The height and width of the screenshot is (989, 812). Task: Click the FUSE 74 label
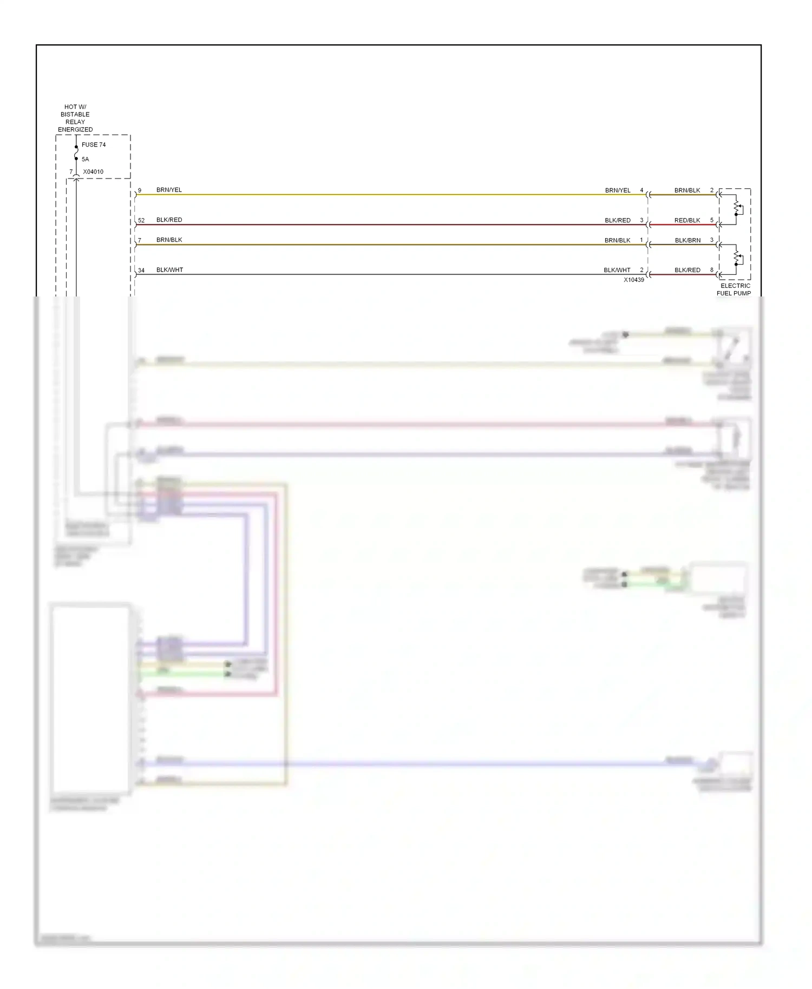(x=94, y=145)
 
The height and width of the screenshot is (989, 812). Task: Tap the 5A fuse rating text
(x=85, y=160)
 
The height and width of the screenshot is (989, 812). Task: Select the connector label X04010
(x=93, y=172)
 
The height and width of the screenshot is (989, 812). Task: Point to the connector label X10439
(x=634, y=280)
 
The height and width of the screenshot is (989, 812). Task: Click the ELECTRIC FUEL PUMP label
(x=735, y=289)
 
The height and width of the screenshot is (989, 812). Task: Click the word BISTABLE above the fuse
(x=75, y=115)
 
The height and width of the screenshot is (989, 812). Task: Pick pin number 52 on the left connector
(x=141, y=221)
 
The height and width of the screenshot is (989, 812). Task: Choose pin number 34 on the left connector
(x=141, y=271)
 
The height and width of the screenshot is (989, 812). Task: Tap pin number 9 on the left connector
(x=140, y=190)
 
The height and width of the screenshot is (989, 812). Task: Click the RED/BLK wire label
(x=687, y=221)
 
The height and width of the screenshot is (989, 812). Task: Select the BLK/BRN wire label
(x=687, y=240)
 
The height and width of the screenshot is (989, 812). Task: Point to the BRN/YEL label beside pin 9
(x=169, y=190)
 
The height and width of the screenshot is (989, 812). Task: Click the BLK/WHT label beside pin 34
(x=169, y=270)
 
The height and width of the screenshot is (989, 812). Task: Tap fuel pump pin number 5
(x=712, y=220)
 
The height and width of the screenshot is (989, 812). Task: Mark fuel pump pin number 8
(x=712, y=270)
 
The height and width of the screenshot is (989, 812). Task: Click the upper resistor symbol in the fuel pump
(x=736, y=207)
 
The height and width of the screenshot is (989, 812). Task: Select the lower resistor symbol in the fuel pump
(x=736, y=256)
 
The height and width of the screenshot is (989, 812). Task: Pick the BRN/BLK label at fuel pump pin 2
(x=687, y=190)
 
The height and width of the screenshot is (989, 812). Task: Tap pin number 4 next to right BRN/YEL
(x=642, y=190)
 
